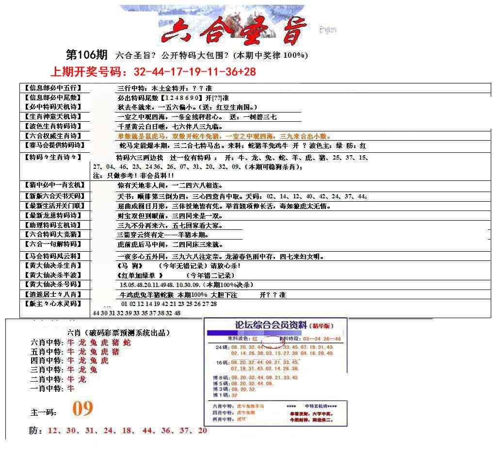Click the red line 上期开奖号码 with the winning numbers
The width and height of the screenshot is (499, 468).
(153, 72)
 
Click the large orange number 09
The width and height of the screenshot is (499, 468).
(82, 409)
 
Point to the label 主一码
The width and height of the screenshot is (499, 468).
(43, 413)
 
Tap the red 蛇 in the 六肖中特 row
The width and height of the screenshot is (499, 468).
(127, 343)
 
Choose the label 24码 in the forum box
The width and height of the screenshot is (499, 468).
(222, 348)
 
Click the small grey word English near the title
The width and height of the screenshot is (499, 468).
(328, 30)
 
